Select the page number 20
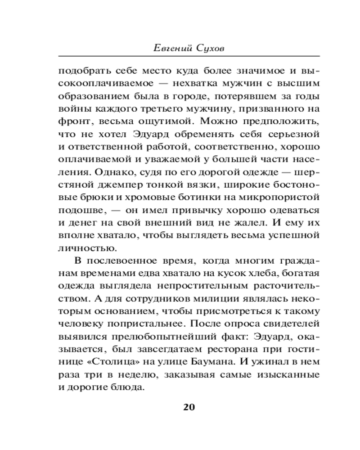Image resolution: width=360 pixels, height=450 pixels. click(189, 407)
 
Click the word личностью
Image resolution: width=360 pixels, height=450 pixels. click(81, 247)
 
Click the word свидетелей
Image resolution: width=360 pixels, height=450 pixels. click(283, 323)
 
